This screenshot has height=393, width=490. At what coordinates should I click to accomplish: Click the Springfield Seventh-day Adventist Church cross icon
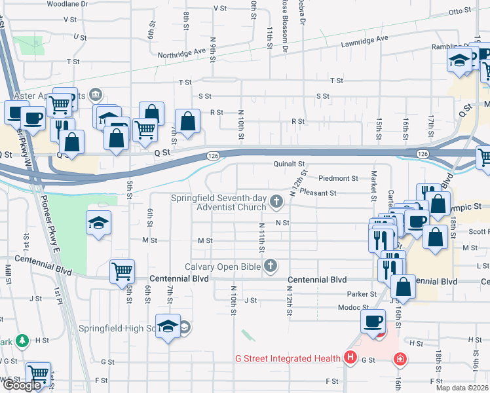click(277, 201)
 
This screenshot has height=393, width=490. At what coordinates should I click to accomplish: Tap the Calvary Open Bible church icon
click(269, 266)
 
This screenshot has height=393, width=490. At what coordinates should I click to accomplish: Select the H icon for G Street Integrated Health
click(350, 358)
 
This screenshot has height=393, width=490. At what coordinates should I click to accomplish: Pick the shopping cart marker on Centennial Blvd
click(122, 270)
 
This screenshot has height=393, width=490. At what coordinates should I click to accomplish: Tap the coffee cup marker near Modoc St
click(374, 321)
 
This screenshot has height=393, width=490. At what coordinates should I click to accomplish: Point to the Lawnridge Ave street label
click(364, 41)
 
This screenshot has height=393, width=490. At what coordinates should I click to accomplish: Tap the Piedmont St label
click(338, 178)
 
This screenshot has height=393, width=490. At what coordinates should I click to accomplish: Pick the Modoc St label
click(353, 307)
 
